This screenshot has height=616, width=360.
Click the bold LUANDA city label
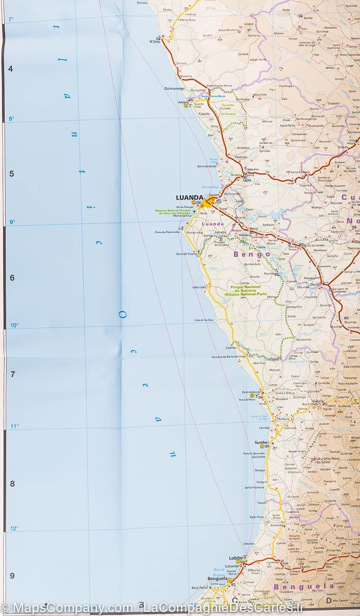[190, 197]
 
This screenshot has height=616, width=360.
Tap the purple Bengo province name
[252, 254]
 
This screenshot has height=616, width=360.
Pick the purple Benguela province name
[298, 586]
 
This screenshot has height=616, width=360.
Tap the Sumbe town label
[261, 442]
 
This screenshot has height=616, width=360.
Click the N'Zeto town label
[155, 42]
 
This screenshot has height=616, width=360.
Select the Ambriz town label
[183, 102]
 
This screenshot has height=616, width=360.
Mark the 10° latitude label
[13, 325]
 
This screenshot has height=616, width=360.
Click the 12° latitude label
[13, 528]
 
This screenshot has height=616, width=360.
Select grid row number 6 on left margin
[11, 278]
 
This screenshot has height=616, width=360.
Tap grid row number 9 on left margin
[11, 575]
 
